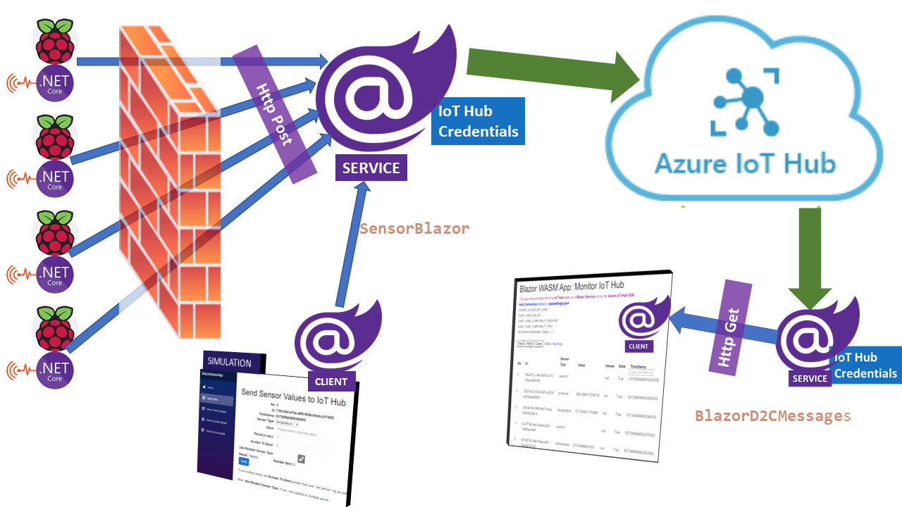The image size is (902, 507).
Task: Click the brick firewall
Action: pyautogui.click(x=169, y=183)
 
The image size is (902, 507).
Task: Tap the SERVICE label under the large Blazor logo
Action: pyautogui.click(x=371, y=168)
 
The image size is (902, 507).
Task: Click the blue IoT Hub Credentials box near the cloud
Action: pyautogui.click(x=478, y=121)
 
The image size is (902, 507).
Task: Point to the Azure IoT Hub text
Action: pyautogui.click(x=745, y=163)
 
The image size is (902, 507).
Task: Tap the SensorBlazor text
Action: pyautogui.click(x=414, y=229)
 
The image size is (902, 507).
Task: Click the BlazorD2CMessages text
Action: pyautogui.click(x=772, y=415)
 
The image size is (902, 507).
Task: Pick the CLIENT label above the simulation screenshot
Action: pyautogui.click(x=331, y=382)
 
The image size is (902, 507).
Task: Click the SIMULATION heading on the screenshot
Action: pyautogui.click(x=229, y=363)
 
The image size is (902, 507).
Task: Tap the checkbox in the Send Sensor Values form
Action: pyautogui.click(x=301, y=459)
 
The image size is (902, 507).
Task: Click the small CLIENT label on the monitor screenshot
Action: pyautogui.click(x=638, y=346)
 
